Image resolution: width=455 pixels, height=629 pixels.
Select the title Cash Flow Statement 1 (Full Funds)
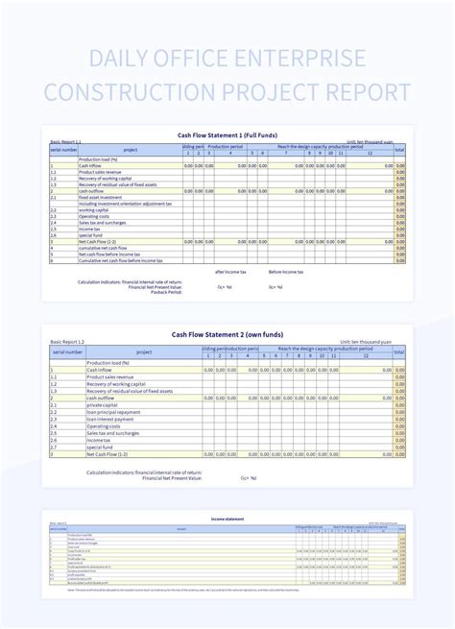pos(227,135)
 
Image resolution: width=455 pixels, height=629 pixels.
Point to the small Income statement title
pos(227,519)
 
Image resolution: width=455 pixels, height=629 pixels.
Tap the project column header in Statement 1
pos(131,150)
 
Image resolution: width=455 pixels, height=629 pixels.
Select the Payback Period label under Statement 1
pos(168,292)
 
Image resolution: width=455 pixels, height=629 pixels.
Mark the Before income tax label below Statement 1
pos(285,272)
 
